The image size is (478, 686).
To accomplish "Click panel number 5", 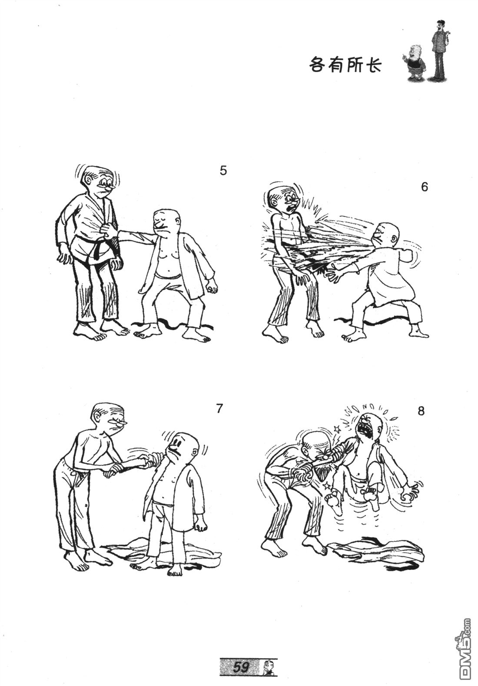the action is (x=223, y=171).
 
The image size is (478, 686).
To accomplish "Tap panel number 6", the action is (x=424, y=187).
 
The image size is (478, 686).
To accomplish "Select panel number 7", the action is (x=219, y=408).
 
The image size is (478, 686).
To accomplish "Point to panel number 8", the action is (x=421, y=411).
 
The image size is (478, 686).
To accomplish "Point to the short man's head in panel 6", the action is (x=386, y=234).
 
